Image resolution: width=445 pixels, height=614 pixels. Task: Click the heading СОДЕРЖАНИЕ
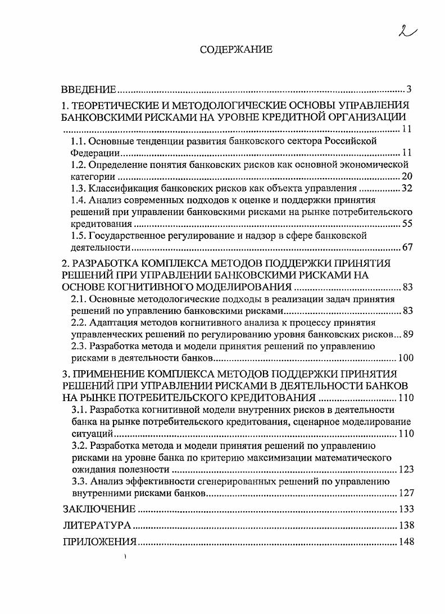236,50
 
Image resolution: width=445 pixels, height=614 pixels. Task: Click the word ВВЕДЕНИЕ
89,90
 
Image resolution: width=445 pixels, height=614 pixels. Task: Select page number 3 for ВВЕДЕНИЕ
410,90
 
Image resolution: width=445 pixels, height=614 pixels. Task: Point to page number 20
407,176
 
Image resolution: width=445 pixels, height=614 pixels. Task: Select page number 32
407,188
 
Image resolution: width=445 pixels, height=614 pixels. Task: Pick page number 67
407,247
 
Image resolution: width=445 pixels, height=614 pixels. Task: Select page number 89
408,334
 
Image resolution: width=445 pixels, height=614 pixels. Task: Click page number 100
406,358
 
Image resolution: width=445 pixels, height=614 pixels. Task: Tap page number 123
406,469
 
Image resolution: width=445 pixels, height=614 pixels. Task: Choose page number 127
406,493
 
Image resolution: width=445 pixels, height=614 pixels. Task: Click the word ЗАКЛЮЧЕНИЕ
99,510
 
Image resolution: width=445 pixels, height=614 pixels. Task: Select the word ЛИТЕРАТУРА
97,526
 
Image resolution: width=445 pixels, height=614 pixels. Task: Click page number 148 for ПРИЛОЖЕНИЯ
406,542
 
